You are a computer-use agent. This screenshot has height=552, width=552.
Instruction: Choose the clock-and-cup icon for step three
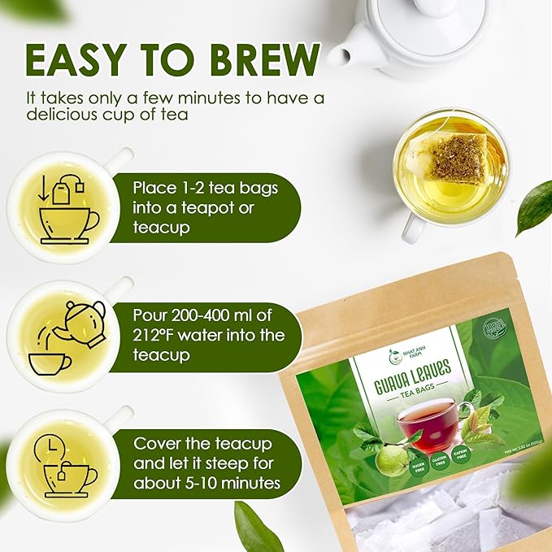click(x=64, y=464)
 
